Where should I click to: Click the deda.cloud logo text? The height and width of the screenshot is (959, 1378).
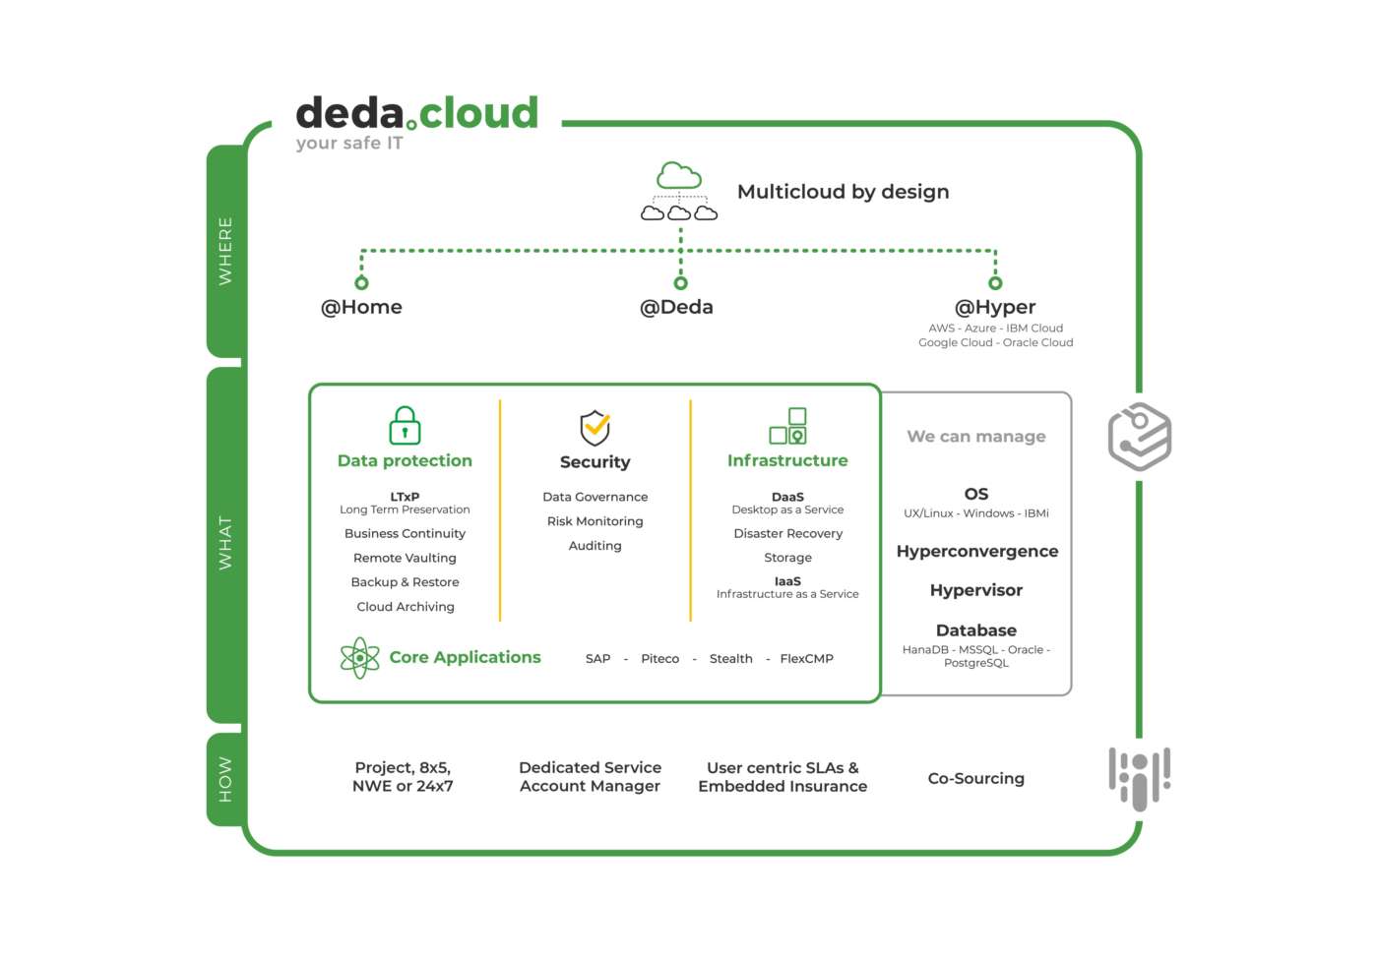417,114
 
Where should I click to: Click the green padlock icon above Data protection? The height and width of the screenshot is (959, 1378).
405,426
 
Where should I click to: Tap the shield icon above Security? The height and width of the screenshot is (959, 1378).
595,428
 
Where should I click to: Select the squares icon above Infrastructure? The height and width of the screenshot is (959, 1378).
787,426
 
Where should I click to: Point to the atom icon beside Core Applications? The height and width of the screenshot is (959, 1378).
360,658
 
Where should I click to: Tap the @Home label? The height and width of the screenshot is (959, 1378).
361,307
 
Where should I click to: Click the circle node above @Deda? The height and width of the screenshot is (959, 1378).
680,283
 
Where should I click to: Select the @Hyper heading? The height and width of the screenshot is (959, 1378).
995,307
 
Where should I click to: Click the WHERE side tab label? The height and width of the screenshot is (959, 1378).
225,252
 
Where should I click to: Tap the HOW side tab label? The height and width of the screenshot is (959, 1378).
225,779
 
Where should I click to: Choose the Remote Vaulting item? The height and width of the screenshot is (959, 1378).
405,558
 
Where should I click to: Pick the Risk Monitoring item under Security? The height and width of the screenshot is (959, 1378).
595,521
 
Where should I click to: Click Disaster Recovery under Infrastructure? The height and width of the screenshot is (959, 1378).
787,533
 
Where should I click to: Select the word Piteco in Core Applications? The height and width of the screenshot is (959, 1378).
659,659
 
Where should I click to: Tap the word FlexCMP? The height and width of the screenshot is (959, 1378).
806,659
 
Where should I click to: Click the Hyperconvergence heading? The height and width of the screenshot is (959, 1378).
976,552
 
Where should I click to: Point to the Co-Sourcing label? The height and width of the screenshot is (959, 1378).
975,778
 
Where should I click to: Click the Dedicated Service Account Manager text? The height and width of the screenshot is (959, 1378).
590,777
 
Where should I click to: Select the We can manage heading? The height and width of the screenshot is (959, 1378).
975,436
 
